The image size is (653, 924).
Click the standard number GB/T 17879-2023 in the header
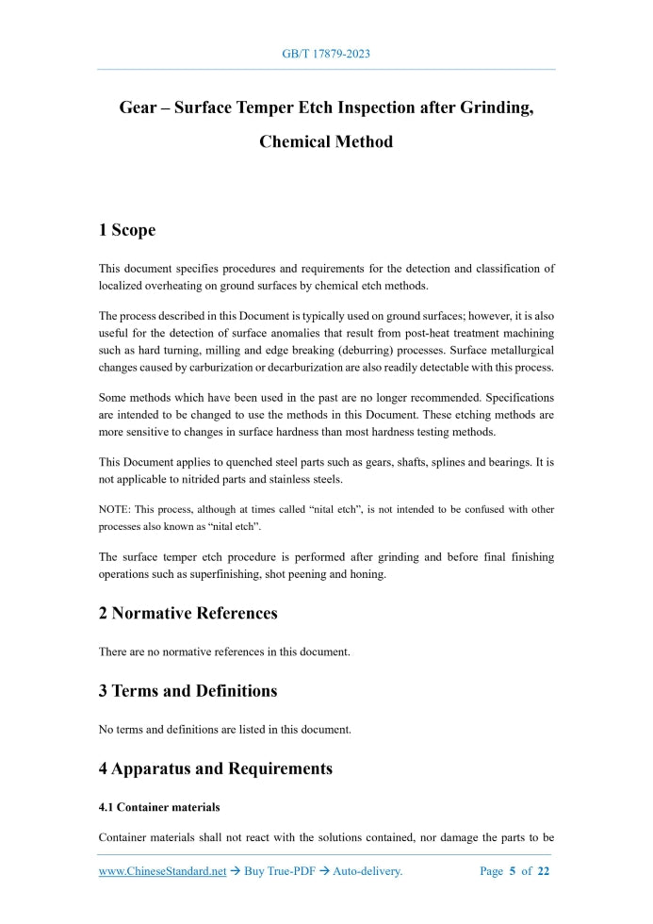[326, 54]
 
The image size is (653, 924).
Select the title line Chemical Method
[326, 142]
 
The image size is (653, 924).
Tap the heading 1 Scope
[127, 230]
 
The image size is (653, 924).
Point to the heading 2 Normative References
[188, 614]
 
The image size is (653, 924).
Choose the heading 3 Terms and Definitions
[188, 691]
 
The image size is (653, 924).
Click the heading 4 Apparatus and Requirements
[215, 768]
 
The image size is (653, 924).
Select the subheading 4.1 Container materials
[159, 807]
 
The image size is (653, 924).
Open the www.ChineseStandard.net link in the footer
[162, 871]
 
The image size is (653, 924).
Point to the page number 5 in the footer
[513, 871]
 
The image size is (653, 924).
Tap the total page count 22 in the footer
[544, 871]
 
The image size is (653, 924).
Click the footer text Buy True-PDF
[278, 871]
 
